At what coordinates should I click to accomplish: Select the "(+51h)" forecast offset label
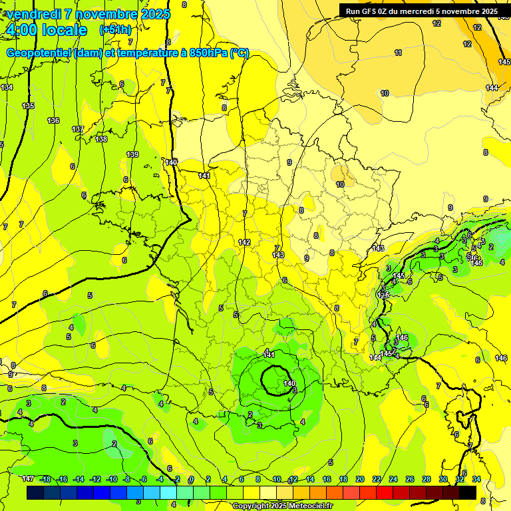[x=115, y=30]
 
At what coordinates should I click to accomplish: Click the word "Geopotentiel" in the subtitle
[x=40, y=53]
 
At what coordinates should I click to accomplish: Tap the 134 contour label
[x=7, y=87]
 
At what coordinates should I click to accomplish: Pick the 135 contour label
[x=28, y=106]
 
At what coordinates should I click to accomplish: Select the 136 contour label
[x=53, y=120]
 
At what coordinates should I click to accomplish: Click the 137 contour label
[x=78, y=129]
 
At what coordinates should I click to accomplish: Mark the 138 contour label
[x=101, y=139]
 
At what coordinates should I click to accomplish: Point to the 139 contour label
[x=132, y=154]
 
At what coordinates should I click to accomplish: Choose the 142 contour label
[x=244, y=242]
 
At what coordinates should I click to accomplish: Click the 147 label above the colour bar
[x=28, y=479]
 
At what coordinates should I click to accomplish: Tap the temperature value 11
[x=398, y=53]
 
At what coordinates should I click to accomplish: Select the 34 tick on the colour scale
[x=476, y=479]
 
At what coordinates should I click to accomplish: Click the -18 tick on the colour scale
[x=45, y=479]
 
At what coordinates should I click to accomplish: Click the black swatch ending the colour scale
[x=467, y=492]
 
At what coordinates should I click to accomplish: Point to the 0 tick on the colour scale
[x=191, y=479]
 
